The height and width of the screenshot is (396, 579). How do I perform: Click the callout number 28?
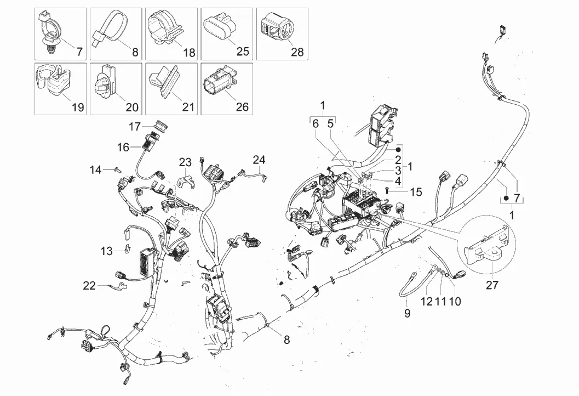(x=297, y=52)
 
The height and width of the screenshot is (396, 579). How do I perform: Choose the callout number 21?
(x=188, y=107)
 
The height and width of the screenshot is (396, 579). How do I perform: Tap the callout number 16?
(x=123, y=147)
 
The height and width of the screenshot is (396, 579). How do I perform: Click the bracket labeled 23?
(x=186, y=180)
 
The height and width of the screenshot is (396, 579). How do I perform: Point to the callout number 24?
(x=259, y=160)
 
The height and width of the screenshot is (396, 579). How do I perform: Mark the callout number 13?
(x=106, y=251)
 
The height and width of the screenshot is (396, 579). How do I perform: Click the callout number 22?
(x=89, y=285)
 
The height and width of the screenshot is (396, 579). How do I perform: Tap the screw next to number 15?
(x=387, y=190)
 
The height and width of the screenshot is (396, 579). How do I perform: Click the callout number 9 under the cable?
(x=406, y=313)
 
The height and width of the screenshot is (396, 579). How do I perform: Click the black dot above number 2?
(x=399, y=148)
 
